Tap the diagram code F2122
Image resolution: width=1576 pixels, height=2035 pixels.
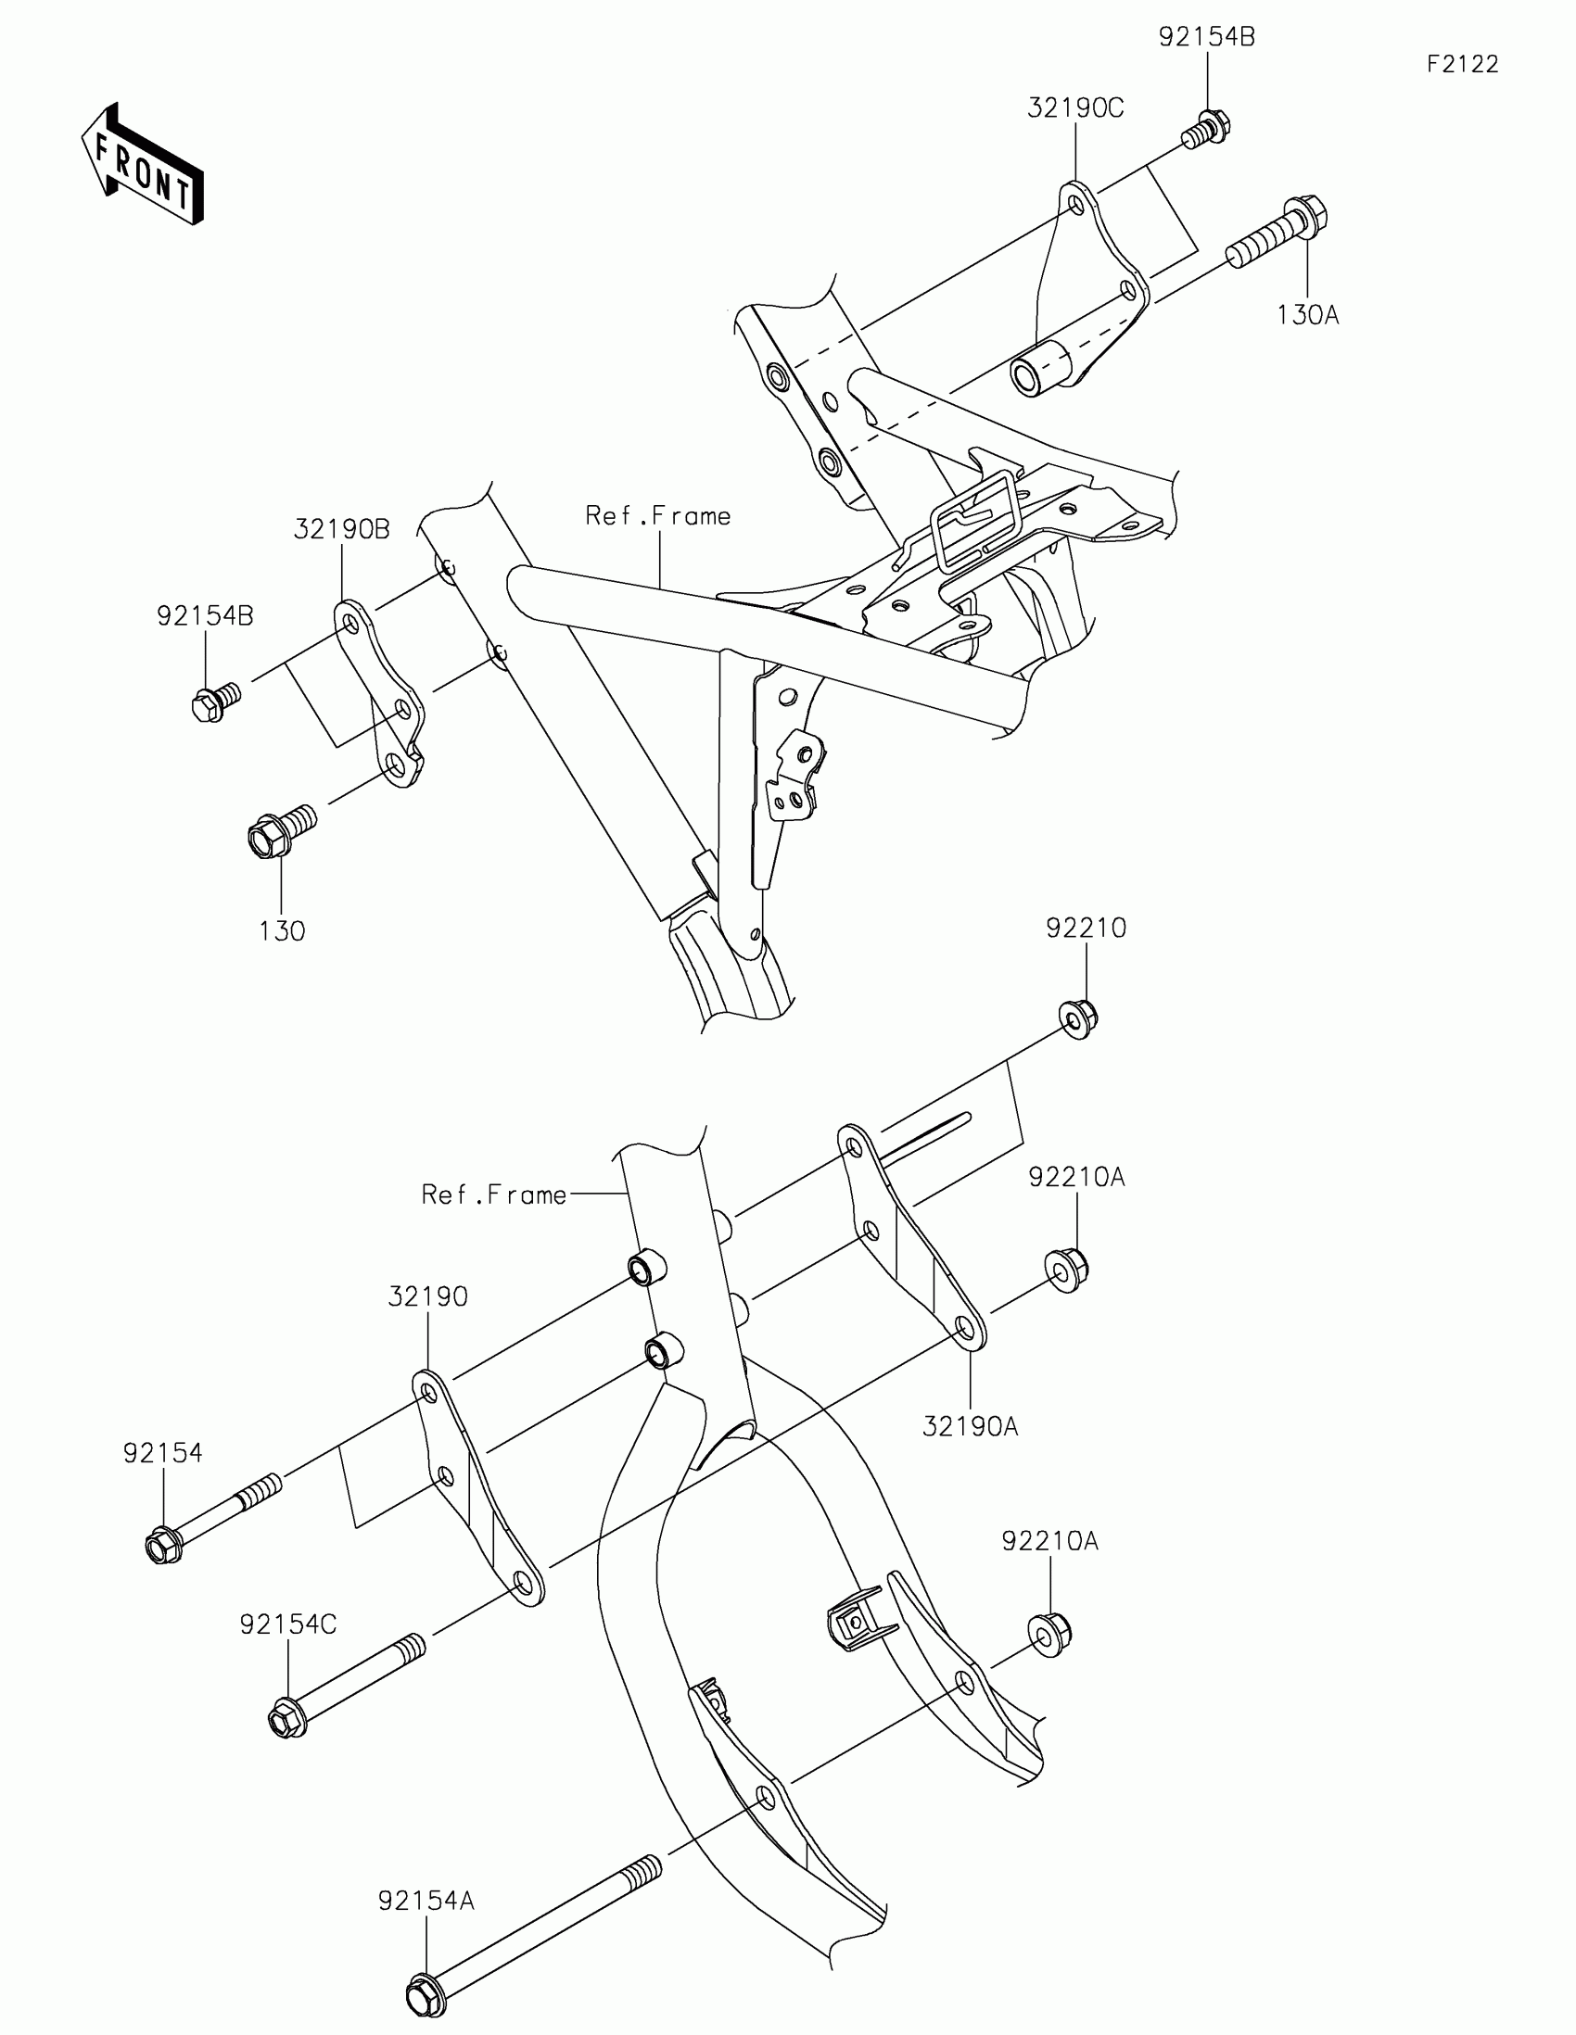point(1462,64)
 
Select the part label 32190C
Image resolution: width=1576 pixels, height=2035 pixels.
point(1075,109)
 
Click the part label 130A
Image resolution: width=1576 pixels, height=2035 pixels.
point(1306,316)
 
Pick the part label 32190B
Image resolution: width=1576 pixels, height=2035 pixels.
point(341,529)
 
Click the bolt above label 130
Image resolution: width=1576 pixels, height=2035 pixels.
point(279,831)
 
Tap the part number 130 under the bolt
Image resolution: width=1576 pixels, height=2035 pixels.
point(282,930)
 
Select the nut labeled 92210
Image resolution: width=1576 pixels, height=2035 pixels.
point(1078,1018)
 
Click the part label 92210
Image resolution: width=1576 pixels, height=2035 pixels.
point(1086,928)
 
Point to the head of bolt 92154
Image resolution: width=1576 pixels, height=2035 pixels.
point(163,1548)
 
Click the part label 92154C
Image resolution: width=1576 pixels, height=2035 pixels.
point(288,1625)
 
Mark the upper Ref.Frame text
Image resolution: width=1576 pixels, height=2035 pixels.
point(658,516)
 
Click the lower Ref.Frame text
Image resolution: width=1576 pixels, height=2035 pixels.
point(494,1195)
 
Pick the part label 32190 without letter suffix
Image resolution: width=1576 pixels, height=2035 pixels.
point(427,1297)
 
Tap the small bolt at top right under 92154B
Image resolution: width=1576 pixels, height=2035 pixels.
point(1205,130)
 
